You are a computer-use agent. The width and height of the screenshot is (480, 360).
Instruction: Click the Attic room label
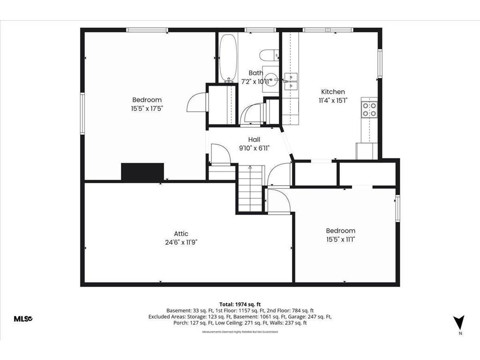(181, 234)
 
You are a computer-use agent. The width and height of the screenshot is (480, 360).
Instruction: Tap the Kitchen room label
(333, 92)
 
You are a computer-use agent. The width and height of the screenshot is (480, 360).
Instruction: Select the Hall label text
(254, 140)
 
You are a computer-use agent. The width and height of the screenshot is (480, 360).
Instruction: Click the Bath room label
(255, 73)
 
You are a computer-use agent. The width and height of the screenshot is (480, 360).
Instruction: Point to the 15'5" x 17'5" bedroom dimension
(147, 108)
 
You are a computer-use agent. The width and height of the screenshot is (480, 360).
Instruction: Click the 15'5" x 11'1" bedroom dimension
(340, 239)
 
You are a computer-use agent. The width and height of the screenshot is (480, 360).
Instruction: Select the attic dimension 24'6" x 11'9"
(181, 242)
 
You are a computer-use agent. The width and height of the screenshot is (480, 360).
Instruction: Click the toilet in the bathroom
(269, 55)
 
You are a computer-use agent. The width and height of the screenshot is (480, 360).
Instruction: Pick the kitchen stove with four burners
(369, 109)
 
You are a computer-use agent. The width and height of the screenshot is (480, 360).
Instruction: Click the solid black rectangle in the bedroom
(142, 172)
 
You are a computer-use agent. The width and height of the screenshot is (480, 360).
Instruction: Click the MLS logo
(22, 319)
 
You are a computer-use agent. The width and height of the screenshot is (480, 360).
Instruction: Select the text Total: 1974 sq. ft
(240, 304)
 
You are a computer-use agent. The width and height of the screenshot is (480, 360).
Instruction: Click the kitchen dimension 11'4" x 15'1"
(333, 100)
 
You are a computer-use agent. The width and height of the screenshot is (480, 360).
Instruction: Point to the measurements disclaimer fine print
(240, 332)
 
